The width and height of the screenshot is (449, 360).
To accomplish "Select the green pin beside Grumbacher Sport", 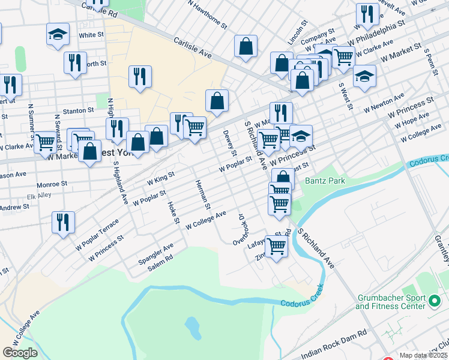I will coord(436,299).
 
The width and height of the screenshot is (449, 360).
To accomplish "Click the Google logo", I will coord(20,353).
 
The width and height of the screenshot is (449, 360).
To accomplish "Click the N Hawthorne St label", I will coord(207,14).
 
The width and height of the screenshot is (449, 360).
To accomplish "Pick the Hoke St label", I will coord(173,212).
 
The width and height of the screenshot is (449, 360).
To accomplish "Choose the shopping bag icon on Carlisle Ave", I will coord(246,46).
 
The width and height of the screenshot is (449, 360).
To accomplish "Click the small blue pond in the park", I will coord(192,327).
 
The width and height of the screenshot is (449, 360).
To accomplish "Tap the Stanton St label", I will coord(79,110).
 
